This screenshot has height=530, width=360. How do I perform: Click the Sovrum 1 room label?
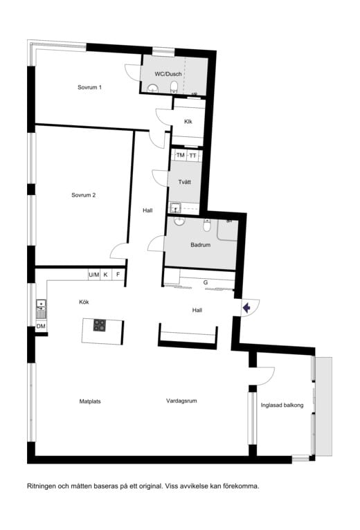[x=90, y=87]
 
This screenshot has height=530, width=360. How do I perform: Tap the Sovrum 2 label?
[x=84, y=195]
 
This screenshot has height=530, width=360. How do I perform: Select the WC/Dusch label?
[x=168, y=74]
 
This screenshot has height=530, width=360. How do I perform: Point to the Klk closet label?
[x=188, y=121]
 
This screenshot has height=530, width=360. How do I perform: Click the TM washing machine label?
[x=180, y=155]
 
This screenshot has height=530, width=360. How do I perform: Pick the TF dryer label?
[x=193, y=156]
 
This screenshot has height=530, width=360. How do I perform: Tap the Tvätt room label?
[x=185, y=182]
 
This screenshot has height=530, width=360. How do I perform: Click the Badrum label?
[x=200, y=245]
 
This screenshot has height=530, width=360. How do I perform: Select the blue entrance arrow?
[x=246, y=308]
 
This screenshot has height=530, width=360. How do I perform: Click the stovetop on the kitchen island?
[x=100, y=325]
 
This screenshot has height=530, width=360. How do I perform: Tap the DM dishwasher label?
[x=41, y=326]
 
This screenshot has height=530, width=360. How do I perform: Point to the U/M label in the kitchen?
[x=94, y=275]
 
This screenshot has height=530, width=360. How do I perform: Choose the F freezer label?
[x=118, y=275]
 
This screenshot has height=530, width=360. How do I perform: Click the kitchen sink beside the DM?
[x=42, y=309]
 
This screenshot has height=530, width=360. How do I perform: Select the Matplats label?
[x=90, y=401]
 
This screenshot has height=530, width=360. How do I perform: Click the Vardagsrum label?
[x=181, y=401]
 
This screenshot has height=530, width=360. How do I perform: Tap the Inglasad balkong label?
[x=282, y=405]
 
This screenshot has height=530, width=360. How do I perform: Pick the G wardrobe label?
[x=206, y=282]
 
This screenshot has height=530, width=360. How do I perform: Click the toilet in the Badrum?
[x=207, y=225]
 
